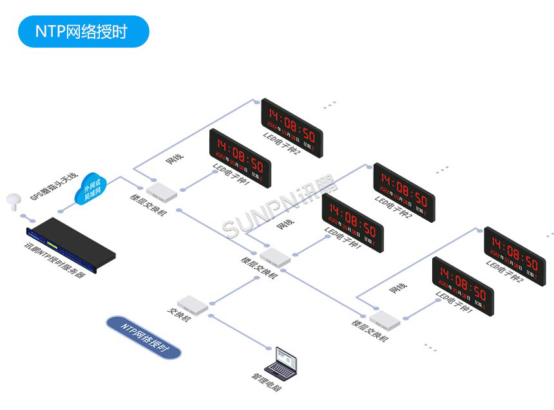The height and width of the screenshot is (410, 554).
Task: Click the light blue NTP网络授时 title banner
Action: (83, 32)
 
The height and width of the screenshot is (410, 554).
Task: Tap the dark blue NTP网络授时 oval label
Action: (144, 337)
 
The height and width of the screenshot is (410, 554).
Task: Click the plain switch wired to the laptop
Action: (193, 304)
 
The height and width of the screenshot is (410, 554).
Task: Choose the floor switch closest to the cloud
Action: (161, 190)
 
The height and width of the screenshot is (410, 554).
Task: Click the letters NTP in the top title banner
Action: (50, 32)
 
